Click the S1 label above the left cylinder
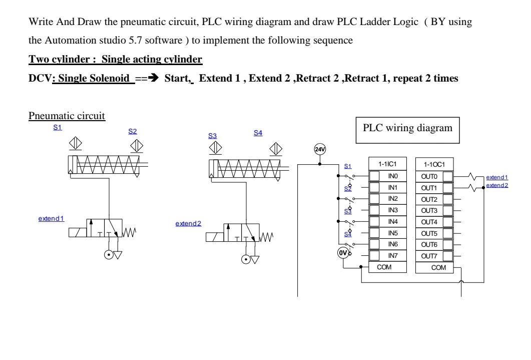coord(58,128)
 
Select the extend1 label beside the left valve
coord(52,219)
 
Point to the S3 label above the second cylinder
coord(213,136)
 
